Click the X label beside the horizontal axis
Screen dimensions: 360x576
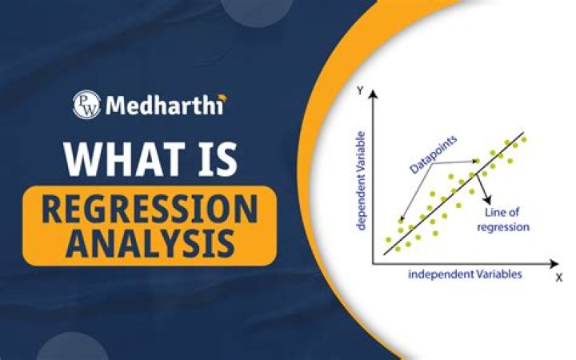click(x=558, y=278)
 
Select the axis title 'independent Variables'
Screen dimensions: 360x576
click(x=465, y=274)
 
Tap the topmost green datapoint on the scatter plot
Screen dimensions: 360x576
click(x=524, y=139)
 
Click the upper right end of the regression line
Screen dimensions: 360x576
click(x=525, y=133)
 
